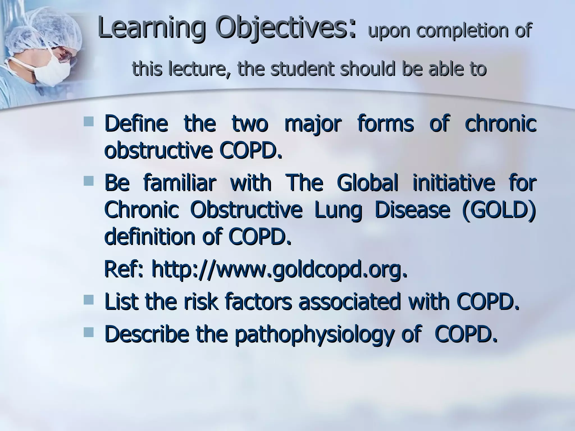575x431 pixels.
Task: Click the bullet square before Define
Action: tap(88, 121)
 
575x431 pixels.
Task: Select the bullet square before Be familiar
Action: tap(88, 180)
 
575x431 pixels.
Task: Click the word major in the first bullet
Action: tap(313, 124)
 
